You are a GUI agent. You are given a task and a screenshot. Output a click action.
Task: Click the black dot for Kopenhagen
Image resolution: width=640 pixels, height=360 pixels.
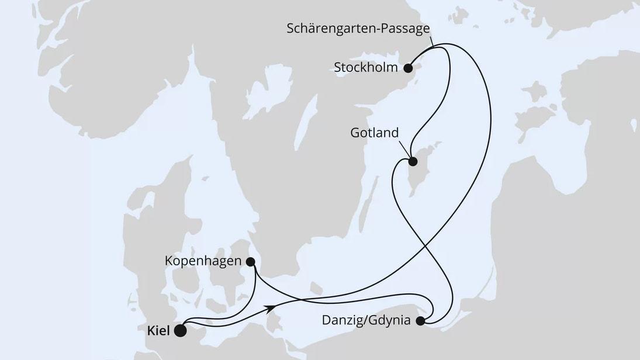click(x=251, y=261)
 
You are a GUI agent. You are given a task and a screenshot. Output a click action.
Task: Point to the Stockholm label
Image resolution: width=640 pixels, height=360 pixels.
click(x=365, y=68)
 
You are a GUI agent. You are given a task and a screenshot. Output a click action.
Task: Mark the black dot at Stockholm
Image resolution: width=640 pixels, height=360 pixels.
click(x=409, y=68)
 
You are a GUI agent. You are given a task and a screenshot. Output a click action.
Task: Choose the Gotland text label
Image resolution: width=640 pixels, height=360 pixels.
click(x=375, y=133)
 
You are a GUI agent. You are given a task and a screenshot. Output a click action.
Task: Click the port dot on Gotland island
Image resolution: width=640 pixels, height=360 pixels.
click(x=412, y=162)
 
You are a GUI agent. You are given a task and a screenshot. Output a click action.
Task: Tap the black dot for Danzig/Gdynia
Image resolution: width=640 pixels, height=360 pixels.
click(x=420, y=320)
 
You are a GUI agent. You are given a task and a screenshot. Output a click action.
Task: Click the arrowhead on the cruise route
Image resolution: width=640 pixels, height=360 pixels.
click(x=271, y=307)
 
